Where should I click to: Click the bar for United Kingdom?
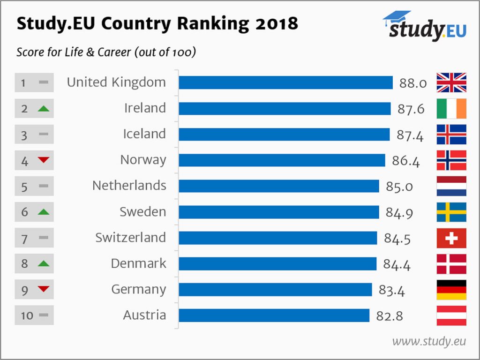click(285, 82)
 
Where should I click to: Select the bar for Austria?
click(274, 315)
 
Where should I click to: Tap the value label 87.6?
click(410, 109)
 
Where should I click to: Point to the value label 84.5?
click(397, 239)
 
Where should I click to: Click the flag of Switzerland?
click(451, 238)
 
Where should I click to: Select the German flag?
click(451, 290)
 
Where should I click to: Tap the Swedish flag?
click(451, 212)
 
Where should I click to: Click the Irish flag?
click(451, 109)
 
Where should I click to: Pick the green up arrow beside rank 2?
click(43, 109)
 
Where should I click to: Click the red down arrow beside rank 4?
click(43, 160)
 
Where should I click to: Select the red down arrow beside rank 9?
click(43, 289)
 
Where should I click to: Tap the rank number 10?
click(27, 315)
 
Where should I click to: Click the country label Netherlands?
click(129, 186)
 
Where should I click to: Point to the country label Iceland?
click(144, 134)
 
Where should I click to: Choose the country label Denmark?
click(138, 263)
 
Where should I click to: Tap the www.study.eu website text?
click(429, 341)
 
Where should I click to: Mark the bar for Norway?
click(282, 160)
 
